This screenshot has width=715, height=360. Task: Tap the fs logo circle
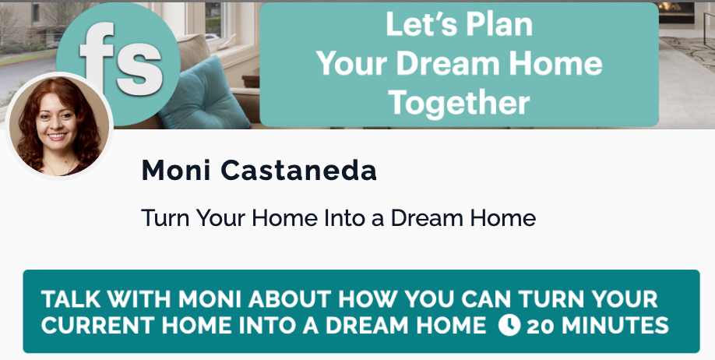[118, 64]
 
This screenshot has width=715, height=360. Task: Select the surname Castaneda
[298, 170]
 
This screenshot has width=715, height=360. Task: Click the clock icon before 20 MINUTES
[509, 325]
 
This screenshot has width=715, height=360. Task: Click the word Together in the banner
[460, 103]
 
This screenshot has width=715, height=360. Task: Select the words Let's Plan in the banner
[460, 24]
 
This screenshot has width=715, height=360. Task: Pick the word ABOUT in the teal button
[290, 299]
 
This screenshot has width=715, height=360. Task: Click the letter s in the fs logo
[139, 73]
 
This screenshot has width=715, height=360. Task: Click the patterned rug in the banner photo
[686, 50]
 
